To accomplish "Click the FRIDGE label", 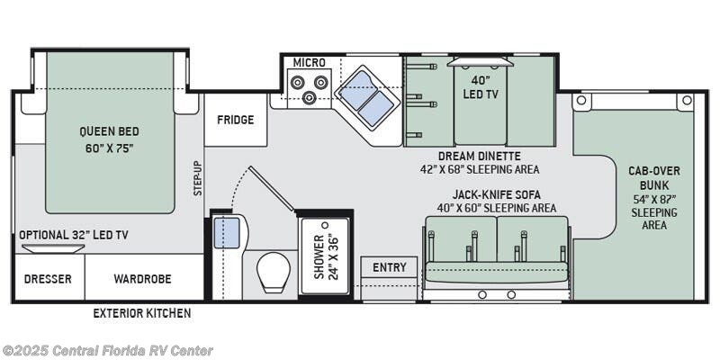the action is (236, 120).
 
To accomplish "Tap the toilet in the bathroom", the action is (274, 273).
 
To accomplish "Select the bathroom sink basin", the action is (227, 233).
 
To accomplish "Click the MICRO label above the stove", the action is (310, 62).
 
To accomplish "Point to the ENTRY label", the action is (390, 267).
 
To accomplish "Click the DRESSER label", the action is (48, 279).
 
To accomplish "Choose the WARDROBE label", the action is (143, 279).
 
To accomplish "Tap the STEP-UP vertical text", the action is (197, 178).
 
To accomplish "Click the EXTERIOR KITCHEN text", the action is (142, 313).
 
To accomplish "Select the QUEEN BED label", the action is (109, 131).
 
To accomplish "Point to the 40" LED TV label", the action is (481, 87).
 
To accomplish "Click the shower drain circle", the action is (326, 225).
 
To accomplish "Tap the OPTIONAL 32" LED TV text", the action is (74, 235).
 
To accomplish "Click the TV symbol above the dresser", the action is (53, 248).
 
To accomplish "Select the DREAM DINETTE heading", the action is (480, 156).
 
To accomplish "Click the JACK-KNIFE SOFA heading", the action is (496, 194).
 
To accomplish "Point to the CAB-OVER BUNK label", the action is (654, 178).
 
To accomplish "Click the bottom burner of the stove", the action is (309, 96).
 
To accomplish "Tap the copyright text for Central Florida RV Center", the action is (106, 350).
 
